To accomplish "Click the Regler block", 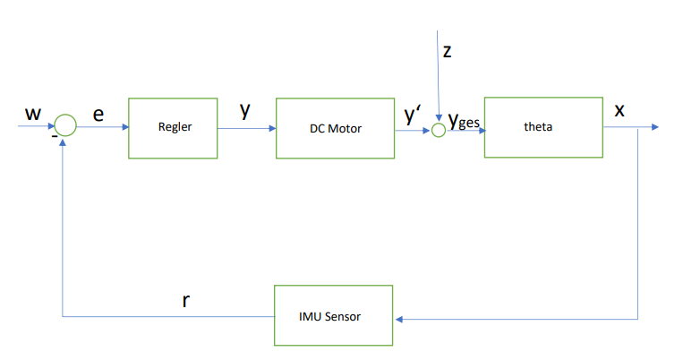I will point(174,127).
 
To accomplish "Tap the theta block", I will point(543,126).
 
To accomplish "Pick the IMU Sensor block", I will point(333,315).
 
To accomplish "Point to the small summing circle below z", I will point(438,130).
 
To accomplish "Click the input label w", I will point(33,114).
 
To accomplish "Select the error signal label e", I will point(98,114).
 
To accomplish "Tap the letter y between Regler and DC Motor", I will point(244,111).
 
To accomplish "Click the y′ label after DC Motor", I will point(413,114).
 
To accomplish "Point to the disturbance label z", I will point(448,51).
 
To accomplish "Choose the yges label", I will point(464,120).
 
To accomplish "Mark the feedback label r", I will point(185,300).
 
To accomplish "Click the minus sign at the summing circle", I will point(54,138).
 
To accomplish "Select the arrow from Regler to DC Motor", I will point(246,128).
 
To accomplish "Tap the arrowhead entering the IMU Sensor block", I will point(398,318).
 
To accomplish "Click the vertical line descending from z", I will point(436,76).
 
